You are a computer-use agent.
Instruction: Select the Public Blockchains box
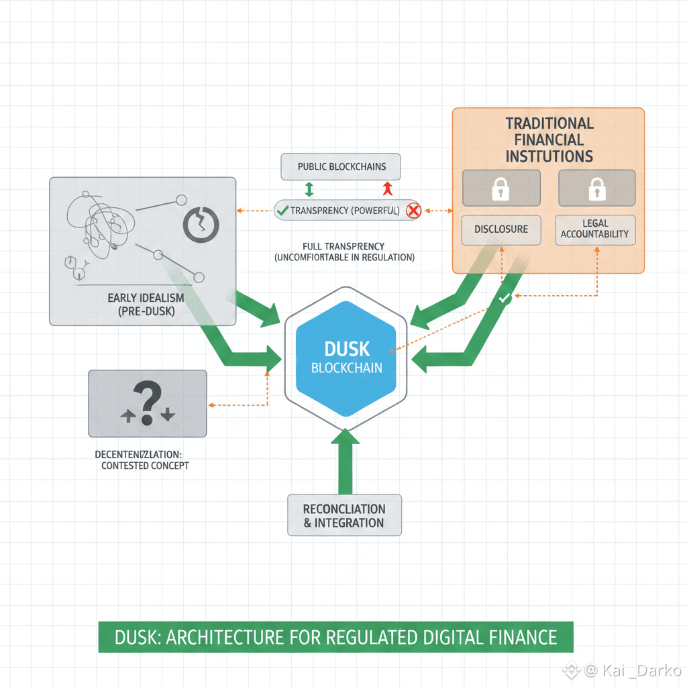tap(339, 166)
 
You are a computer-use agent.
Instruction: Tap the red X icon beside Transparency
tap(413, 211)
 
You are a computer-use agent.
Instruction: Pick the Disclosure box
tap(500, 229)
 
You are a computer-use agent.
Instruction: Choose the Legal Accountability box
tap(594, 229)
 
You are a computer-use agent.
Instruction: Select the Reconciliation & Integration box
tap(344, 515)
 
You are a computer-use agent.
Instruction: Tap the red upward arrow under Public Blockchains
tap(386, 189)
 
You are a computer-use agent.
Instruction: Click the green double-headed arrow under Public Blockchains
tap(309, 189)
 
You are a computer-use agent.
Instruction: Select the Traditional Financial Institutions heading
tap(549, 140)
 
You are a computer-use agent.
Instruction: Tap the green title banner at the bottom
tap(336, 637)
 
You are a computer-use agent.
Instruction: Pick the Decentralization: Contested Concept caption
tap(142, 460)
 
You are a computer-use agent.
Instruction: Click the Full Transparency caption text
tap(344, 252)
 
